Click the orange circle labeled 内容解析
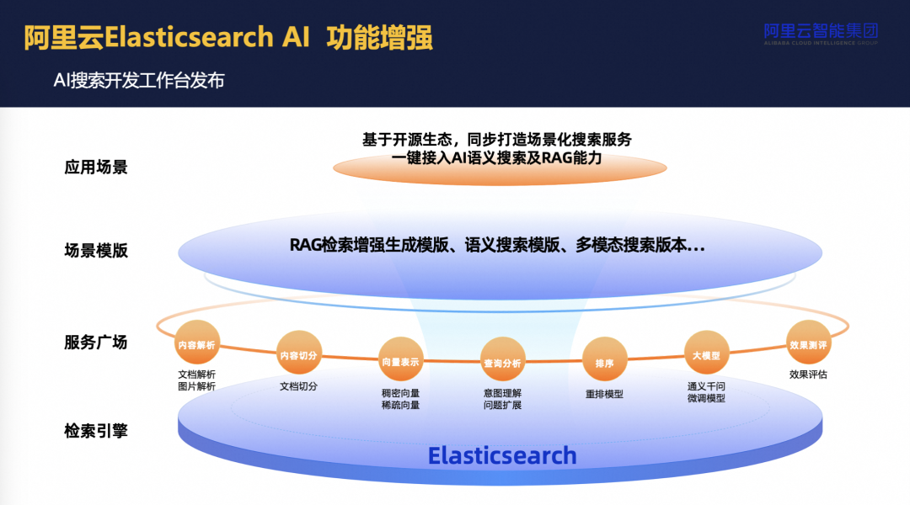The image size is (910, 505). [196, 343]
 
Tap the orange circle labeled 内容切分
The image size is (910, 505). [299, 355]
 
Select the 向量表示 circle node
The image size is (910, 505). [400, 361]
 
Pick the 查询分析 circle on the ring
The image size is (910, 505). [502, 363]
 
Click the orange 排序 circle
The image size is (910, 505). [604, 363]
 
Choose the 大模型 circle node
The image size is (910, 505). [705, 355]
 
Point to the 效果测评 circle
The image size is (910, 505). [807, 344]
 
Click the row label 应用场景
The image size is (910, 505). [96, 167]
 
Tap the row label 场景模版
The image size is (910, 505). [96, 250]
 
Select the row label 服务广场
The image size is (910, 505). [96, 342]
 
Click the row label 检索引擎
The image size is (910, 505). [96, 430]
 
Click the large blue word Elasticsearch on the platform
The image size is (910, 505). [502, 455]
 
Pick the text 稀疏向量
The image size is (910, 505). [400, 405]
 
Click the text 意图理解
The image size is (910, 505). [502, 393]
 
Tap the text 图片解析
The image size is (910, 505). [196, 386]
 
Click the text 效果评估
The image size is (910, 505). [808, 375]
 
